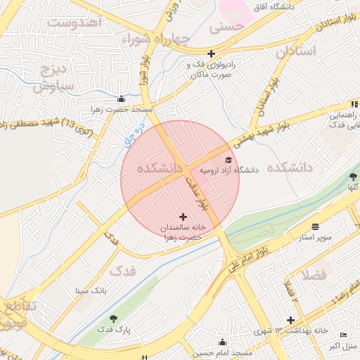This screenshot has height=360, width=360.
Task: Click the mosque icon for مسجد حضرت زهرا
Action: coord(122,98)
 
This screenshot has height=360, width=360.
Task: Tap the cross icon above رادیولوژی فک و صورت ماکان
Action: coord(211,53)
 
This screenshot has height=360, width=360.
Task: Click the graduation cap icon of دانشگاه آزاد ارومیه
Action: coord(229,161)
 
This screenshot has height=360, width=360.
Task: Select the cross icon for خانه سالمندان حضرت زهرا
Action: coord(184,217)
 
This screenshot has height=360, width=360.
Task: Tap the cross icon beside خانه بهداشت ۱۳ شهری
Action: coord(290,321)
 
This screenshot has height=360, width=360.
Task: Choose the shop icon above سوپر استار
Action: coord(315,226)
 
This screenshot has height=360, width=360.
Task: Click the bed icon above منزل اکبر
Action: coord(343,335)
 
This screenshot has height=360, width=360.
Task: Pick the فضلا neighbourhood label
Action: coord(314,274)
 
